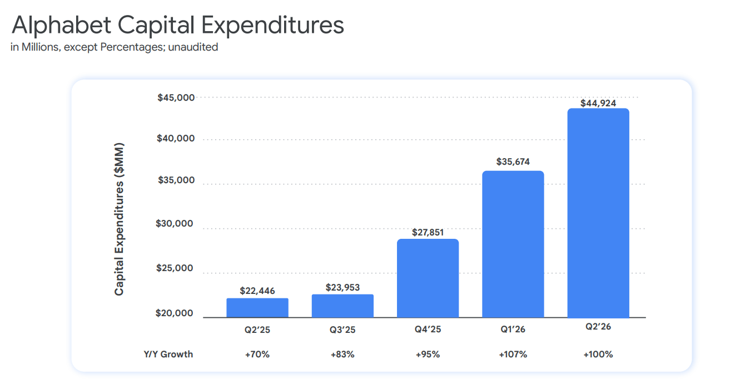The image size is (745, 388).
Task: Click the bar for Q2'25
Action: coord(257,308)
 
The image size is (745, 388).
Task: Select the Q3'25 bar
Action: coord(342,306)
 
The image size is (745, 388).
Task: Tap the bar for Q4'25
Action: coord(428,278)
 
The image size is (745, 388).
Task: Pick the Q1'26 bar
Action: coord(513,244)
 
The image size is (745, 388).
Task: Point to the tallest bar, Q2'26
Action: coord(598,213)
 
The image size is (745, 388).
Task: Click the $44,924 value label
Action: coord(598,103)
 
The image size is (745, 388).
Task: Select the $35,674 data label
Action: coord(513,162)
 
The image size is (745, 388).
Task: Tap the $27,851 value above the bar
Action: coord(428,233)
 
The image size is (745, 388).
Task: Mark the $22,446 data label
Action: coord(257,291)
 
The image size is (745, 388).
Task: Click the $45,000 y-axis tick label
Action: coord(176,97)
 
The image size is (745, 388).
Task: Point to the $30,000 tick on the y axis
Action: coord(174,223)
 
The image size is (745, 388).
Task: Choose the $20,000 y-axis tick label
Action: coord(174,313)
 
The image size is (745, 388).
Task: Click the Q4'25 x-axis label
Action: coord(428,330)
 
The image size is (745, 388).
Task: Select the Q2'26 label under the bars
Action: coord(598,327)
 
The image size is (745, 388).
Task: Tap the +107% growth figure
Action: coord(513,355)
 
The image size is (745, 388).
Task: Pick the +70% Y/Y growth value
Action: coord(257,355)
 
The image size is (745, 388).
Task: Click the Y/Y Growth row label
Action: coord(168,354)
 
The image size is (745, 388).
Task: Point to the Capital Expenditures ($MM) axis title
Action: coord(119,219)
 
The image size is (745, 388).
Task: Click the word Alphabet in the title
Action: coord(61,25)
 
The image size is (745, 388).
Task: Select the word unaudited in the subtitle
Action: coord(193,47)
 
